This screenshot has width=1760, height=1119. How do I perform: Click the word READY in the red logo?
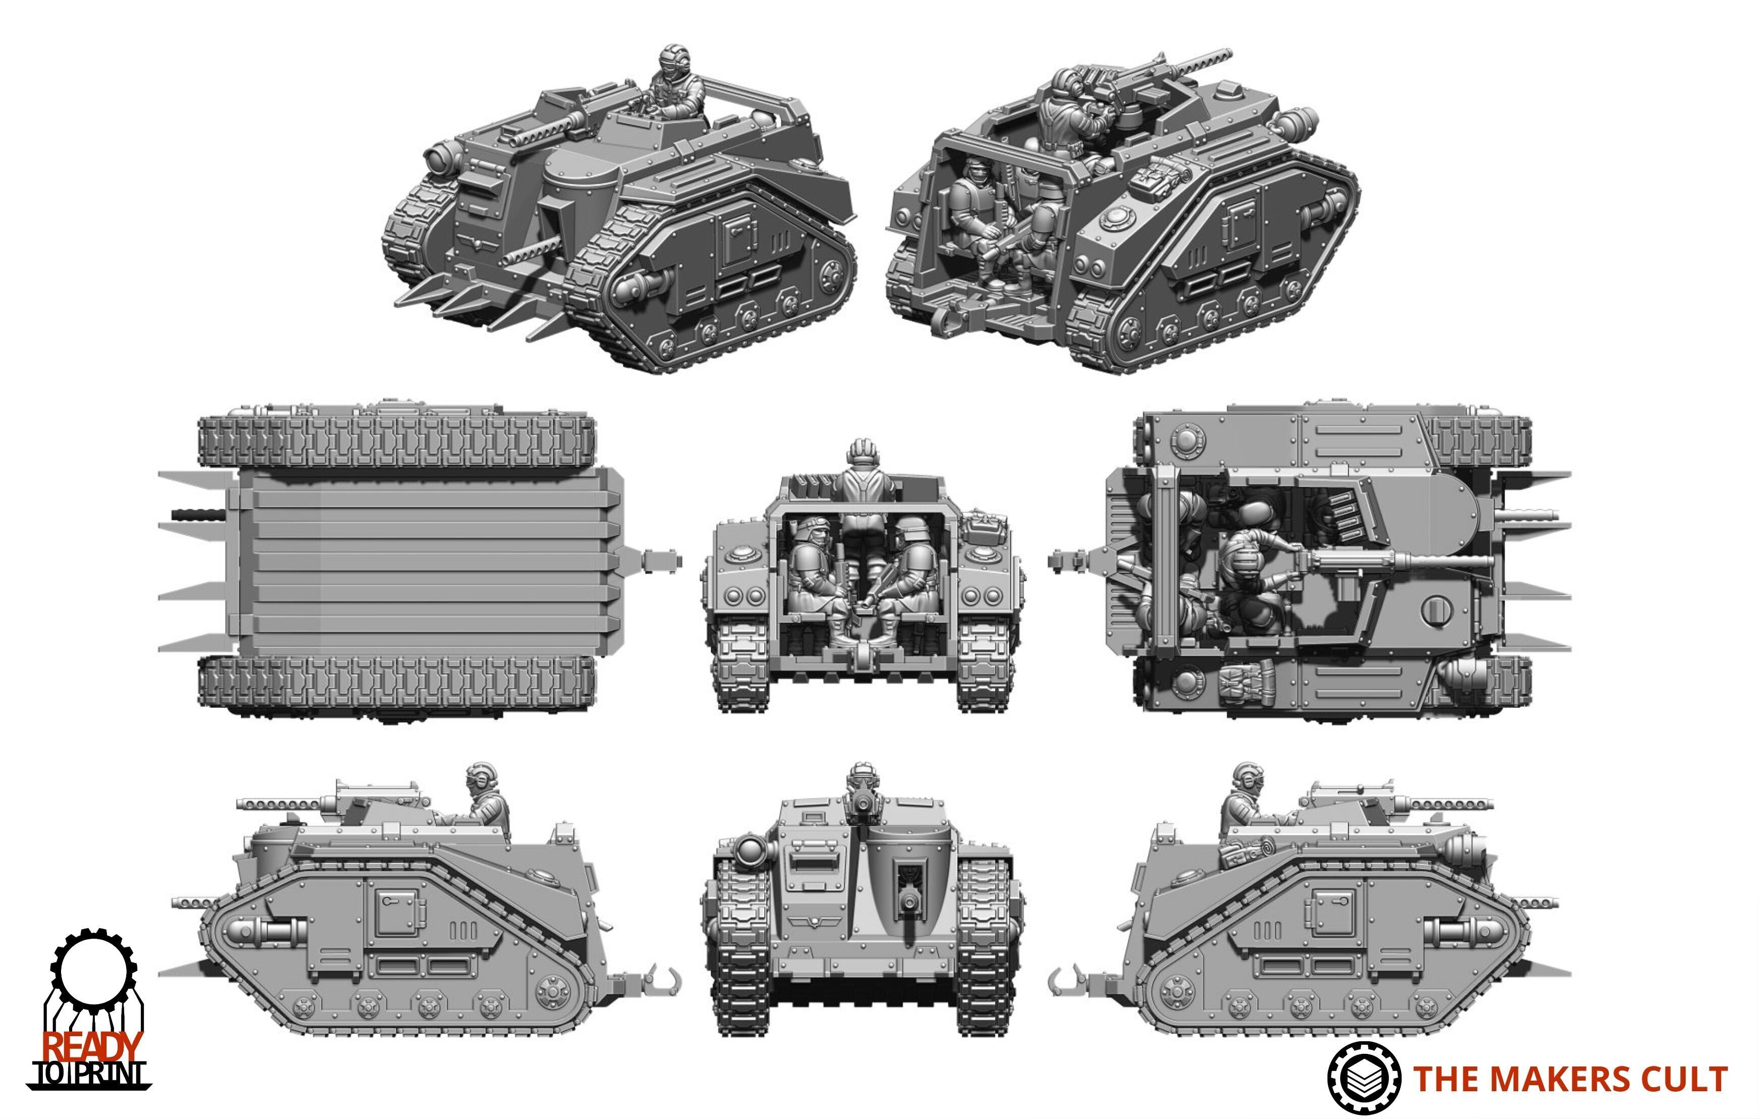click(91, 1047)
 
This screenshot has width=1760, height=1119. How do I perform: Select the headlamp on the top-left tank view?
click(439, 156)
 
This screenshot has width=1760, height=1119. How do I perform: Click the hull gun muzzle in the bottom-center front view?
click(909, 904)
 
